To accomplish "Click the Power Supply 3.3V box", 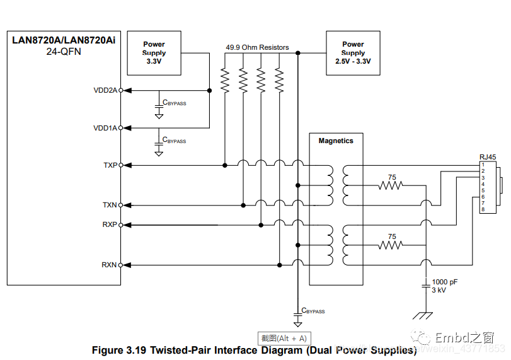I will tap(154, 54).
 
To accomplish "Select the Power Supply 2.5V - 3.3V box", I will tap(353, 53).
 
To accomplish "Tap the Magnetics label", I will tap(336, 141).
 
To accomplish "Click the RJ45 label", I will tap(487, 157).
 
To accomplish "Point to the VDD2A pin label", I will tap(105, 90).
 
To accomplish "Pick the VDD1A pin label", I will tap(105, 128).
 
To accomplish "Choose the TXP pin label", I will tap(110, 165).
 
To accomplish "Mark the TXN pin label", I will tap(110, 205).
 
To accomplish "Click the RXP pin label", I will tap(110, 224).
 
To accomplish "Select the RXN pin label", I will tap(110, 265).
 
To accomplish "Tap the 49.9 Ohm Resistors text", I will tap(257, 47).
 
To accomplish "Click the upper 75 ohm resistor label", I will tap(392, 178).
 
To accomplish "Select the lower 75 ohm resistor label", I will tap(392, 236).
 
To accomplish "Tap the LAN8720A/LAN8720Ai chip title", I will tap(64, 40).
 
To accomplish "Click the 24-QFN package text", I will tap(64, 52).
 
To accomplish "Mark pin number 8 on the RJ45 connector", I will tap(483, 209).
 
